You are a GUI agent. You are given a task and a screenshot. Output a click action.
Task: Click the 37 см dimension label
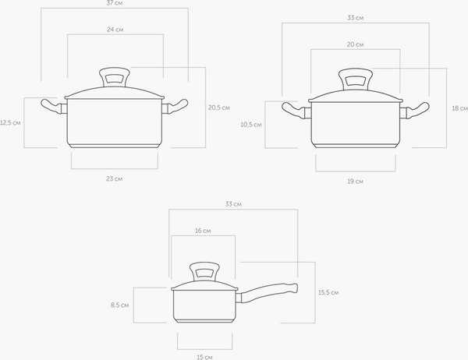[x=115, y=3]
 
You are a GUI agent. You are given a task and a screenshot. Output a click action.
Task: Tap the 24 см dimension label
[x=115, y=30]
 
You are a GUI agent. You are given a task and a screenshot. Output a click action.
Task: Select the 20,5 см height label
[x=218, y=108]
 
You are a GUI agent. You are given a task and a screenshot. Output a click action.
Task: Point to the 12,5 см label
[x=10, y=122]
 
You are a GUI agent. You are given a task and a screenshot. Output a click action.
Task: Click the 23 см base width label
[x=115, y=179]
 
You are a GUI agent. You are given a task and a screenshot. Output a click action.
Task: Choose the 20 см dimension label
[x=355, y=44]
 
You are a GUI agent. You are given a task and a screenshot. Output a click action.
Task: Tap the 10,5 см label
[x=251, y=125]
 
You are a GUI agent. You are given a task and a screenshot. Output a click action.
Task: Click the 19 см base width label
[x=355, y=182]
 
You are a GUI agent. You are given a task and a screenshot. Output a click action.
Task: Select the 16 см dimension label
[x=203, y=231]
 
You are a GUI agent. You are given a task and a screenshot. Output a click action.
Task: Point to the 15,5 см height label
[x=328, y=292]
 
